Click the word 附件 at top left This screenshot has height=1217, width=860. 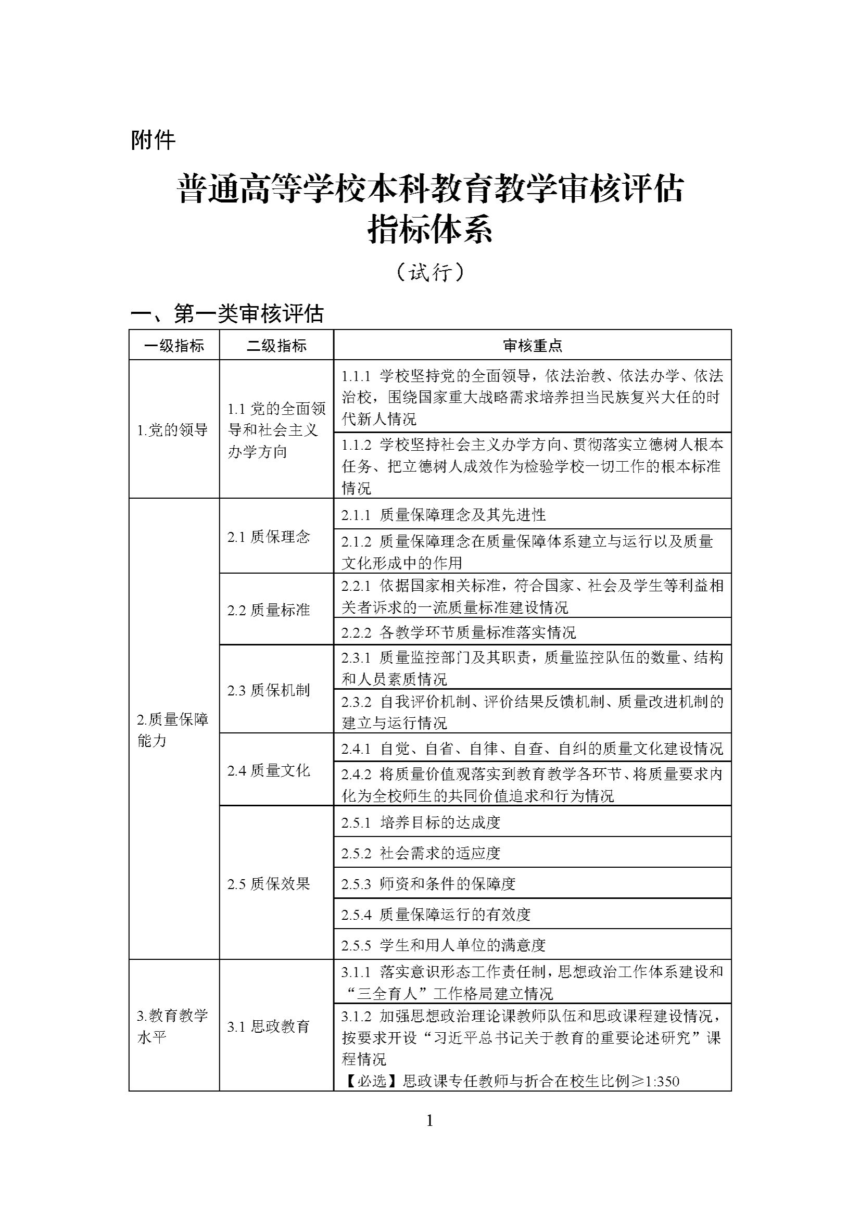point(153,141)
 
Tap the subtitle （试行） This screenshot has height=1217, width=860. point(430,272)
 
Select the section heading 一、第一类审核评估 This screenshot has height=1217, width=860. point(227,314)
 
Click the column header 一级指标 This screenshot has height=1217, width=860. point(174,346)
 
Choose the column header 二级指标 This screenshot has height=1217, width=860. point(276,346)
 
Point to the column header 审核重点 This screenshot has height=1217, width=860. point(533,346)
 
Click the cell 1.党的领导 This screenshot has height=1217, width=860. point(172,430)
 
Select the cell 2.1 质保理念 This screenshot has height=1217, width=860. point(268,537)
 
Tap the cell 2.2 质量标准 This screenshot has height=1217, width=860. point(268,610)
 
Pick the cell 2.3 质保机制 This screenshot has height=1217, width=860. point(268,690)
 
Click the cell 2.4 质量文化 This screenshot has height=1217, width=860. point(268,770)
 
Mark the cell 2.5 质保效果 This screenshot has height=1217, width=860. point(268,883)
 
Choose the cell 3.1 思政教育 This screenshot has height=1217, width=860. point(268,1026)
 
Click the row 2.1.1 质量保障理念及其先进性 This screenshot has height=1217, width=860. point(443,515)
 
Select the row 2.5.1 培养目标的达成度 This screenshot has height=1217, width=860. point(421,822)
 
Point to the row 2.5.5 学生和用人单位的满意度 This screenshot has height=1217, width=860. point(443,945)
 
